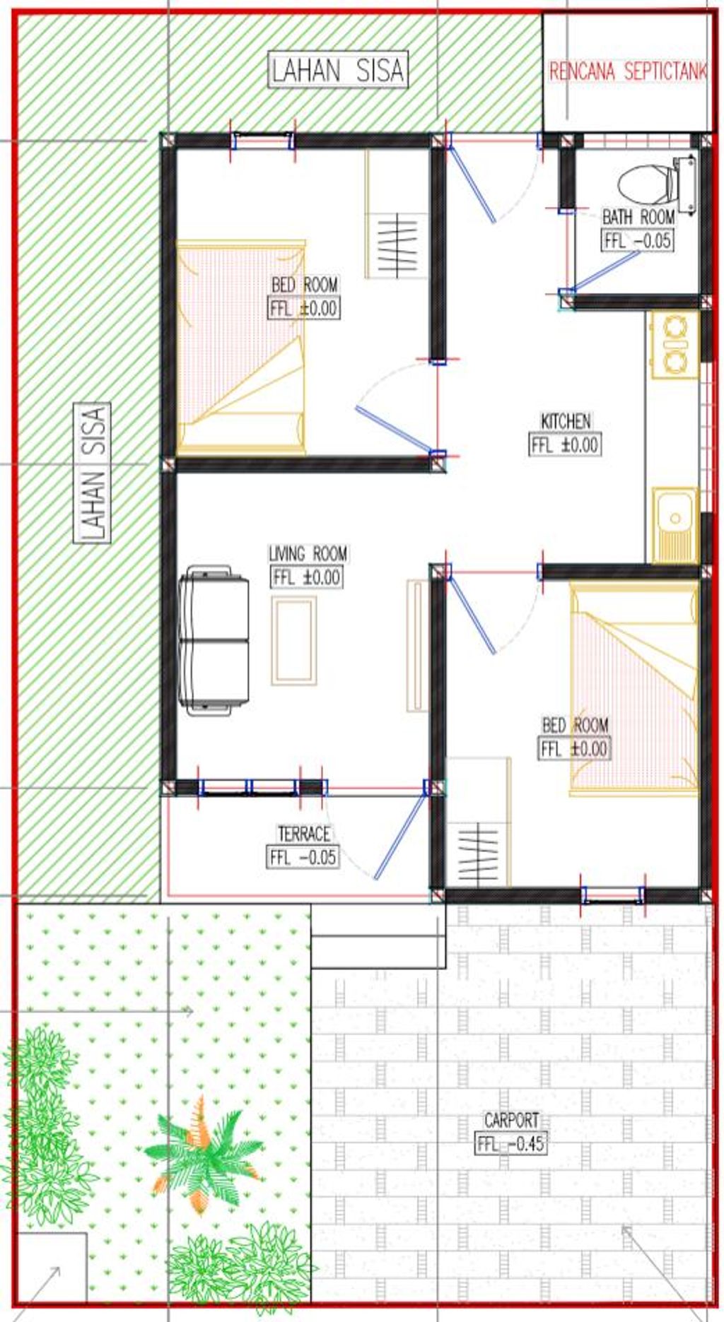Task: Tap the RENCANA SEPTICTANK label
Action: click(628, 72)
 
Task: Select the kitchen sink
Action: click(675, 525)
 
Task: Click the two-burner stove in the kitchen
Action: click(675, 344)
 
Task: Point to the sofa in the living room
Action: click(214, 640)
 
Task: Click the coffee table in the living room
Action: click(294, 640)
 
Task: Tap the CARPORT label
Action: click(511, 1120)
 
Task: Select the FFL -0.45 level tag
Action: click(510, 1144)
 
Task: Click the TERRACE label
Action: click(303, 834)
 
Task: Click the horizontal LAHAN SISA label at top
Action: click(338, 70)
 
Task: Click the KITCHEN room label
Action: click(566, 421)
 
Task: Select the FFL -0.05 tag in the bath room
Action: click(637, 240)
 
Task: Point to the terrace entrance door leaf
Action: click(399, 836)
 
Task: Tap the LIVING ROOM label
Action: click(308, 553)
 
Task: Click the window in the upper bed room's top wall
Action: click(263, 141)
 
